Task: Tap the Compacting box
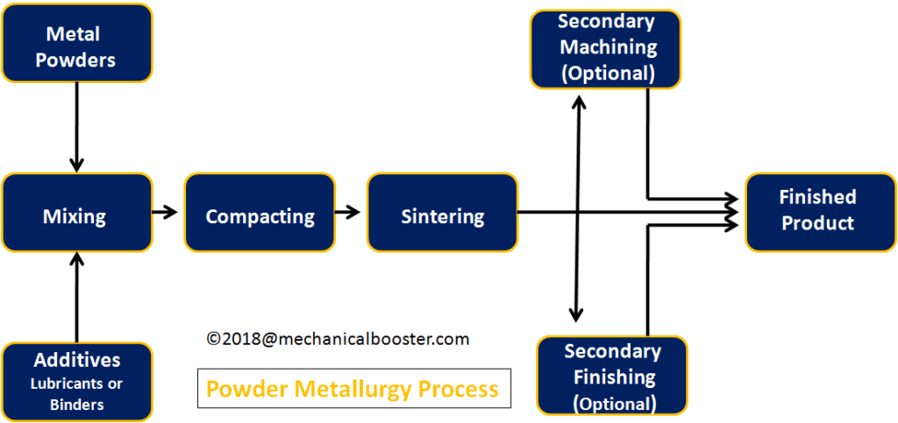pyautogui.click(x=260, y=215)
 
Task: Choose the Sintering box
pyautogui.click(x=442, y=215)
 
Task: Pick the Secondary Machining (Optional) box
pyautogui.click(x=606, y=49)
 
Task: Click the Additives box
pyautogui.click(x=76, y=381)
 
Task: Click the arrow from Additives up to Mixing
pyautogui.click(x=76, y=298)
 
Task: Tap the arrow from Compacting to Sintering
pyautogui.click(x=348, y=212)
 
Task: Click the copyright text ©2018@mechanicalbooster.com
pyautogui.click(x=338, y=339)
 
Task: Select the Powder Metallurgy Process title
pyautogui.click(x=353, y=389)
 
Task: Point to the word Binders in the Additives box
pyautogui.click(x=76, y=404)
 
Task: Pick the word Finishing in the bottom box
pyautogui.click(x=611, y=377)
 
